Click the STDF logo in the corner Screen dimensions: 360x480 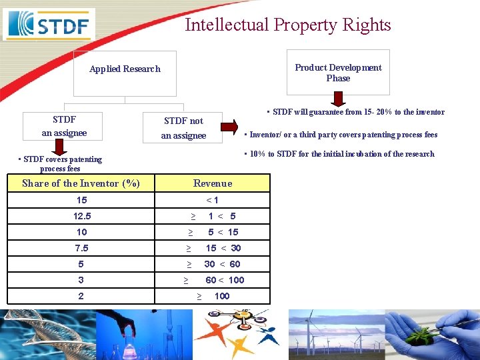pyautogui.click(x=49, y=25)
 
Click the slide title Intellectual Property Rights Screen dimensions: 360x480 pyautogui.click(x=287, y=25)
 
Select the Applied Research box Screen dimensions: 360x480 pyautogui.click(x=125, y=69)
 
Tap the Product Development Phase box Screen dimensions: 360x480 pyautogui.click(x=338, y=73)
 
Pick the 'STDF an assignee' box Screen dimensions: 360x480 pyautogui.click(x=64, y=126)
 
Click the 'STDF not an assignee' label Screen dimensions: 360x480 pyautogui.click(x=183, y=128)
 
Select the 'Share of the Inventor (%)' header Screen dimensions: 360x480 pyautogui.click(x=81, y=183)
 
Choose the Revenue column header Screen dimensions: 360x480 pyautogui.click(x=213, y=183)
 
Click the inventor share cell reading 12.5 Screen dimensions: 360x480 pyautogui.click(x=82, y=216)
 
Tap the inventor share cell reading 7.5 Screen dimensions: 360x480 pyautogui.click(x=82, y=248)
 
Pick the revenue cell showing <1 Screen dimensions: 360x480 pyautogui.click(x=213, y=200)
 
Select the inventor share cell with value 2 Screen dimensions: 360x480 pyautogui.click(x=81, y=296)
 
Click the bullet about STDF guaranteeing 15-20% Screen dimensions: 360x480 pyautogui.click(x=357, y=112)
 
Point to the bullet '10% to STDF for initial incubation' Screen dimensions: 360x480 pyautogui.click(x=340, y=154)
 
